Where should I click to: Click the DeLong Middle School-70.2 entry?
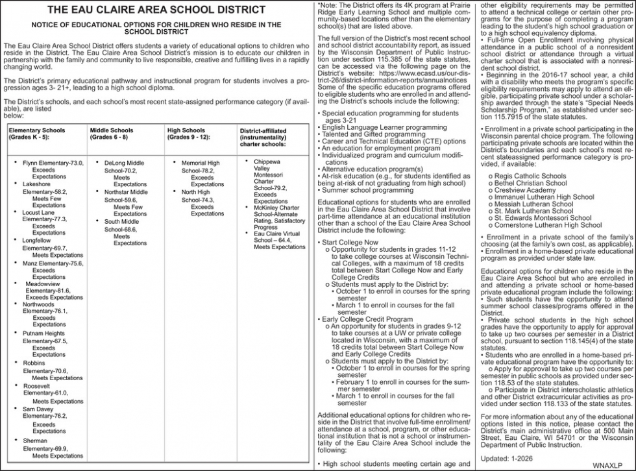coord(124,163)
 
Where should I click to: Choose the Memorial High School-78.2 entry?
coord(200,163)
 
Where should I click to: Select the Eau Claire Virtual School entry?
coord(276,234)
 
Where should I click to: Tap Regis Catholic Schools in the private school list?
coord(530,176)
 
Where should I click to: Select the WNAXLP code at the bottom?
coord(613,465)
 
